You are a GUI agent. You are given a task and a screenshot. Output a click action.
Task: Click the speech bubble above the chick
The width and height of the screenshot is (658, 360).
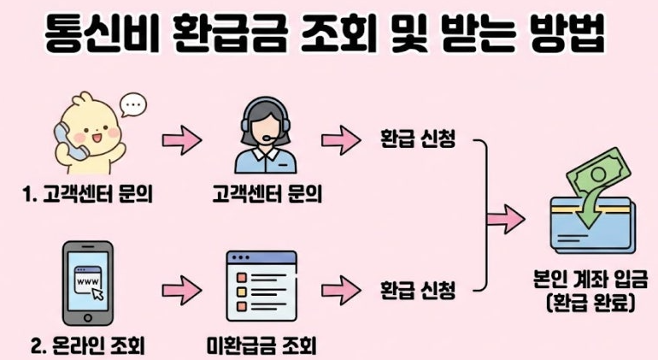click(x=133, y=106)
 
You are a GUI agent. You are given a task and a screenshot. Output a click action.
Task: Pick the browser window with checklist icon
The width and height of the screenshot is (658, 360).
click(x=261, y=286)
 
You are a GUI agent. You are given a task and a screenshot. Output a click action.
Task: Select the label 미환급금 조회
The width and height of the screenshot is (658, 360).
click(x=261, y=345)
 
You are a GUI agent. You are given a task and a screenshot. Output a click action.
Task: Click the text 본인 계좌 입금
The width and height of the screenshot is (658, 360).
click(x=588, y=279)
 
